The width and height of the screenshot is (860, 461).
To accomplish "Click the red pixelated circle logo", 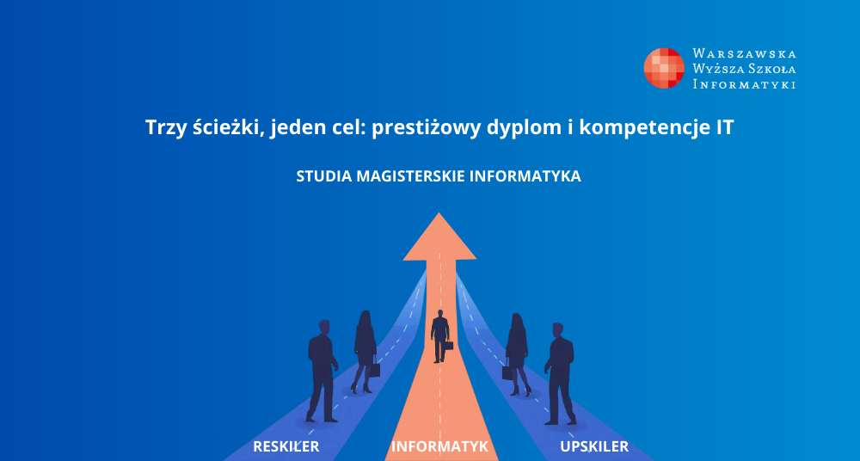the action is point(664,68).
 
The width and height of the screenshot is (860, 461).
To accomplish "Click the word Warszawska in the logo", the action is point(744,54).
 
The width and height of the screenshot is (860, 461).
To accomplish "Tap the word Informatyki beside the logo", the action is point(744,84).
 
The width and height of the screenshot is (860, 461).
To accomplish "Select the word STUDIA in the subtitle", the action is point(324,176).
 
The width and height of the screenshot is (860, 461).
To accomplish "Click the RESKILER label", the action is point(286,446).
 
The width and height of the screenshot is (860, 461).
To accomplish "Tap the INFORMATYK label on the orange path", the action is point(439,446).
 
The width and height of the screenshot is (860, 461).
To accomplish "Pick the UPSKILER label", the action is point(594,446).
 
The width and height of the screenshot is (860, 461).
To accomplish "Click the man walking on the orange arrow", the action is point(439,336).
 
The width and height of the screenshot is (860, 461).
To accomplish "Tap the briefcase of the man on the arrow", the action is point(449,346).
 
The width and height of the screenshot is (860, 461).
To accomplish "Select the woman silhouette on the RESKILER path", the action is point(365,352).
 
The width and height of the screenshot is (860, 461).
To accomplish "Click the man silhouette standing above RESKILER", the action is point(322,371).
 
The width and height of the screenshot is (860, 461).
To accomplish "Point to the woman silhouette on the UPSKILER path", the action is point(517,354).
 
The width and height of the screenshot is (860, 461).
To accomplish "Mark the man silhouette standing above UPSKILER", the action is point(560,374).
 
